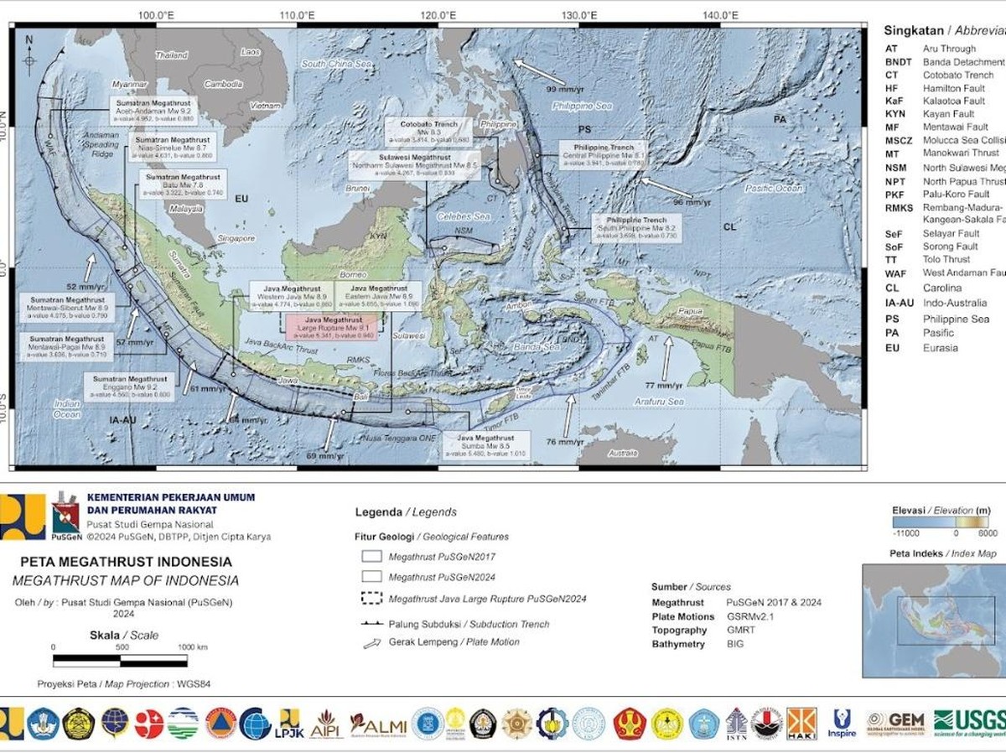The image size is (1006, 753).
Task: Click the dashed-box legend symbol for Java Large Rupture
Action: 371,599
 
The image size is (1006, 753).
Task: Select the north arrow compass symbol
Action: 29,55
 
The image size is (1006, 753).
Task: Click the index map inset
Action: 933,621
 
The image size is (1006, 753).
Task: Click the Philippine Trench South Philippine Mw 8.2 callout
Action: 637,228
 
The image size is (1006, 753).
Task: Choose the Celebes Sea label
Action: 463,216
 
